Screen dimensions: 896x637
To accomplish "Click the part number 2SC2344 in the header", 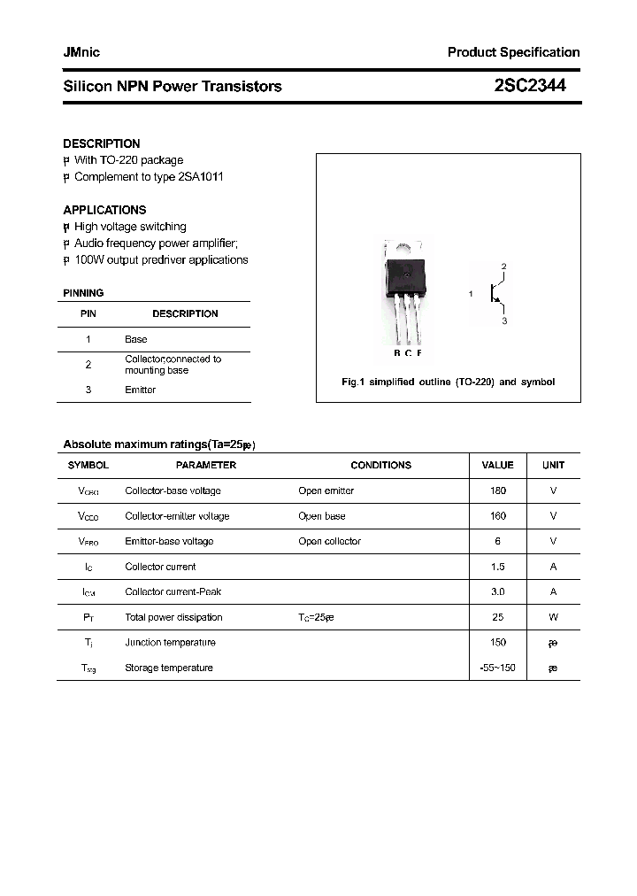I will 530,86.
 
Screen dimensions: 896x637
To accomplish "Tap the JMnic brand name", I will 81,52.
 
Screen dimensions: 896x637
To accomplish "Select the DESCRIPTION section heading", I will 101,143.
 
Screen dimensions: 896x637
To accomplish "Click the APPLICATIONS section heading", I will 104,210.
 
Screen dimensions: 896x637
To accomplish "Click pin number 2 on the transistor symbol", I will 503,266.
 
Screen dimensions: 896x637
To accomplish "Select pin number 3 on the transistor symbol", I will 504,321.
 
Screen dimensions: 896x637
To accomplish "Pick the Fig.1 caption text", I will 448,382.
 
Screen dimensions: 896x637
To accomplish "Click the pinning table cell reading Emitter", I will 140,390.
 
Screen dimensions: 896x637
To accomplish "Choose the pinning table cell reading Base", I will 135,339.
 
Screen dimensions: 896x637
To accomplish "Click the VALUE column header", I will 497,465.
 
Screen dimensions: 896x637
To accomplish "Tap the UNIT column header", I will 553,465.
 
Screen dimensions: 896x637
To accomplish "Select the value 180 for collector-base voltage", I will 497,490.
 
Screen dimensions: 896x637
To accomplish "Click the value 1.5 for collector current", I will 497,567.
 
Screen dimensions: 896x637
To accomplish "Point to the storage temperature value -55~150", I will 497,668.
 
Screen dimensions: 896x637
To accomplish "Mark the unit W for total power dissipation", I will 553,617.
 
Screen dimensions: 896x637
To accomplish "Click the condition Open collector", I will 329,541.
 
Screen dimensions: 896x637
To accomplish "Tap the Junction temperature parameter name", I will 170,643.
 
